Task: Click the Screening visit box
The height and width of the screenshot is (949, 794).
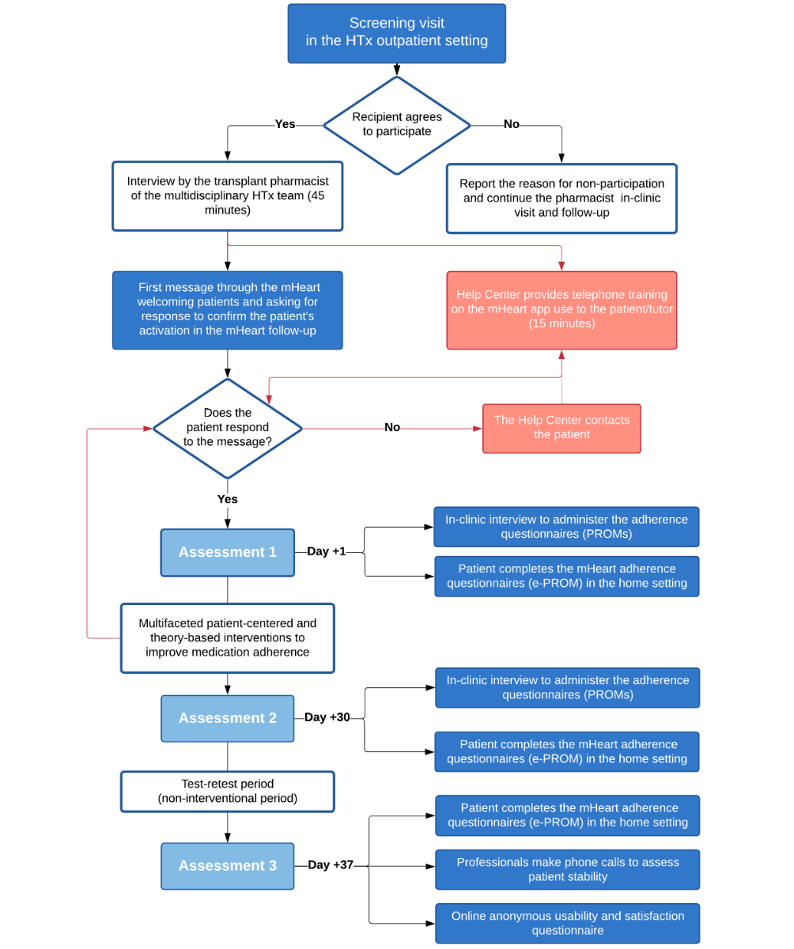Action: [396, 33]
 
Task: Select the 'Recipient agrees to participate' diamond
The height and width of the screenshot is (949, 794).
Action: [396, 125]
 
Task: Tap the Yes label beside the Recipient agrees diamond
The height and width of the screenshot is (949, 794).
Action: [285, 123]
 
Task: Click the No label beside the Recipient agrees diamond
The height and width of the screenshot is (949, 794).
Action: [512, 123]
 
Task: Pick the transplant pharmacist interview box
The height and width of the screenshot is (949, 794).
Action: [227, 196]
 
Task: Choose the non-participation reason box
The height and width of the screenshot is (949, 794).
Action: [561, 198]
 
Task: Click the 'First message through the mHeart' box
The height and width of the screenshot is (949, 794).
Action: [227, 310]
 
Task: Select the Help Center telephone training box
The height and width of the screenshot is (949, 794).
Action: [561, 310]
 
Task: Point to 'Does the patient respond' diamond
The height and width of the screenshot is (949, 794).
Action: [227, 428]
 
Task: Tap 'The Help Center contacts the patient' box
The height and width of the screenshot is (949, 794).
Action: [561, 428]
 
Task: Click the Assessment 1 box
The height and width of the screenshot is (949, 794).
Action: [227, 552]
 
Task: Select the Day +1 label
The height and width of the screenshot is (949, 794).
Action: [327, 551]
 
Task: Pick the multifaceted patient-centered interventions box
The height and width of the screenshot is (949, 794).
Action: [227, 637]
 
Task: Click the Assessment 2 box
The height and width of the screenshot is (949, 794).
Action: [227, 717]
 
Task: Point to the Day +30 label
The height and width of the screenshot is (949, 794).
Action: [327, 716]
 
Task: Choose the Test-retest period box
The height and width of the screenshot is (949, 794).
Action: [227, 791]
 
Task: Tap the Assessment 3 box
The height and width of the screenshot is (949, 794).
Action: [227, 865]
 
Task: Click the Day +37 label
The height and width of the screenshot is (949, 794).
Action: [331, 864]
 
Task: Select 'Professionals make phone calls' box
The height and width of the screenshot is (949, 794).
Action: [567, 869]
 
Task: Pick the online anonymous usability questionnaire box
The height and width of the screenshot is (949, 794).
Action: [567, 923]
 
